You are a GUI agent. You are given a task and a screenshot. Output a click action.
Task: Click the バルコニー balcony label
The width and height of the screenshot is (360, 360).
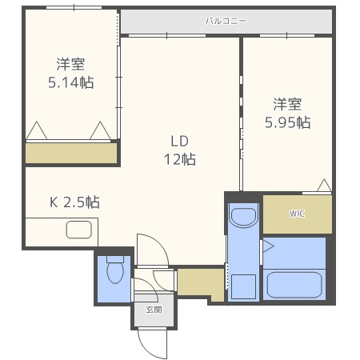(226, 22)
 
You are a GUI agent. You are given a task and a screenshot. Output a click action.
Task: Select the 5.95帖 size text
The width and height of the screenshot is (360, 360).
(288, 122)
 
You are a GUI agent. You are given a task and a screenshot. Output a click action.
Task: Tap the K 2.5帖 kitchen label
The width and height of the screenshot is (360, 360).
(75, 202)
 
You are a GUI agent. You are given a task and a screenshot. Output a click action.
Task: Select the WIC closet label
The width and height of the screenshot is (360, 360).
(297, 214)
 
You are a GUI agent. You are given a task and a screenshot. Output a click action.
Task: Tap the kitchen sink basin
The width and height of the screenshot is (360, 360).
(80, 230)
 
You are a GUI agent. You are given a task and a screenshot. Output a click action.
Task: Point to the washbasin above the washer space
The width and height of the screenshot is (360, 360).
(242, 216)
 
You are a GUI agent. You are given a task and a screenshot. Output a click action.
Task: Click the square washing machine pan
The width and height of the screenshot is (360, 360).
(243, 286)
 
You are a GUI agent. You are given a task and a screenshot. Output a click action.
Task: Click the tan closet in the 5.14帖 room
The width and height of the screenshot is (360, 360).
(70, 152)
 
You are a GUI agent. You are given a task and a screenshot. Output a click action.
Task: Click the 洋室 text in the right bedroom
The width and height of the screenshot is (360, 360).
(288, 104)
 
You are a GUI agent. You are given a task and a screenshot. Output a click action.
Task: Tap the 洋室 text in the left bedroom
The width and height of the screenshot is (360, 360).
(70, 64)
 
